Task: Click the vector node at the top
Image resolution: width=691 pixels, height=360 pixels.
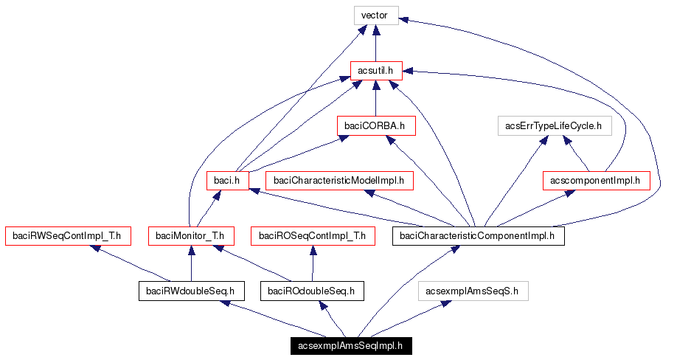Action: [375, 15]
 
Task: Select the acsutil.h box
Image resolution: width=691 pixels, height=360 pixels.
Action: [375, 71]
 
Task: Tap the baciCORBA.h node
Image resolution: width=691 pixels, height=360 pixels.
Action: [375, 125]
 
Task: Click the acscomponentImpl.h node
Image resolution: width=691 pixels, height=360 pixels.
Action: [596, 180]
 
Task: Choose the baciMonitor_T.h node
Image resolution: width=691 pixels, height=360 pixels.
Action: [191, 236]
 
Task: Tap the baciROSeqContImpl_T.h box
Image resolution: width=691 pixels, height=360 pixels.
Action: [313, 236]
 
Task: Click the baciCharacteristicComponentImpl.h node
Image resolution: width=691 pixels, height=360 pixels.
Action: [479, 236]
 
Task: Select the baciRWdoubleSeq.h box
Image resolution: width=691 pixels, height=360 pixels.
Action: [191, 291]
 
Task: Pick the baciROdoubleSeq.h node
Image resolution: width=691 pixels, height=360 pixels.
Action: [313, 291]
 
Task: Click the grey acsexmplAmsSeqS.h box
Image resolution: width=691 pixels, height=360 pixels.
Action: [473, 291]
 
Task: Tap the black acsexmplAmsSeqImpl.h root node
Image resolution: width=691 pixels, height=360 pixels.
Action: [350, 346]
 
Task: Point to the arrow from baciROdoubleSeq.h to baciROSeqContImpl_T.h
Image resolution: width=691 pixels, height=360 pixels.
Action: [313, 263]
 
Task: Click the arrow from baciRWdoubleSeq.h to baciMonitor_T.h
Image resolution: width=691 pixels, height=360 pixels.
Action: [191, 263]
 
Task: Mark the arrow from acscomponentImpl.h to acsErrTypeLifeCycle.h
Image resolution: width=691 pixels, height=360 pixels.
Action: [579, 155]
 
